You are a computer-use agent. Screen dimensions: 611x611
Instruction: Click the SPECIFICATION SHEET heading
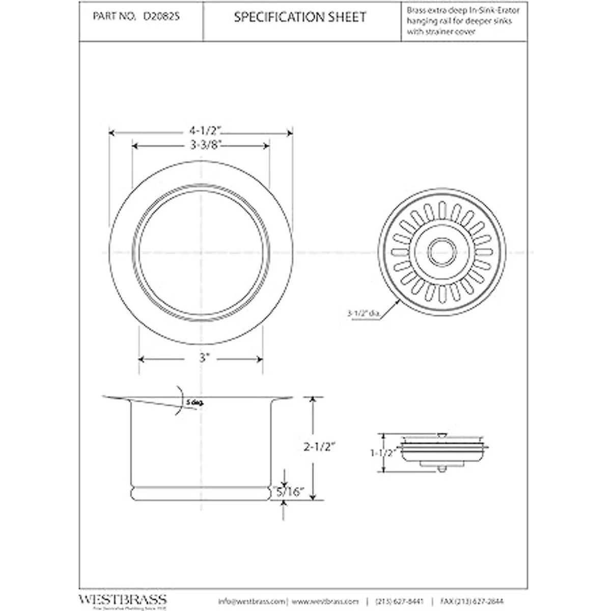point(300,17)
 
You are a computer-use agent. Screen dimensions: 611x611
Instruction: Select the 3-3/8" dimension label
point(201,145)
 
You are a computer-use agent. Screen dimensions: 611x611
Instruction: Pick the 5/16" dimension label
point(288,492)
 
